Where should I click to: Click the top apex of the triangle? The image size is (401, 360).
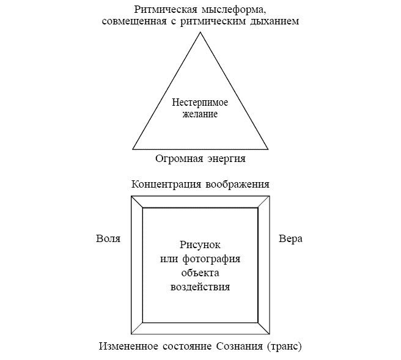[x=200, y=32]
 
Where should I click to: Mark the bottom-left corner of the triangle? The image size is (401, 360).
[x=133, y=149]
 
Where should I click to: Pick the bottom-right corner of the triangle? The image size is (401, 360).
[x=268, y=149]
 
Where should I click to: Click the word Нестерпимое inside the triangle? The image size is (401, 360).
[x=200, y=102]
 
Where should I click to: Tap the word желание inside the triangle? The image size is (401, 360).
[x=200, y=114]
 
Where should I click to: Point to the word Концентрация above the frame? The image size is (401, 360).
[x=166, y=185]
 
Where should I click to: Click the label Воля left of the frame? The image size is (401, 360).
[x=108, y=238]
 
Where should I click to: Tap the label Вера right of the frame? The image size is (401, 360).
[x=290, y=238]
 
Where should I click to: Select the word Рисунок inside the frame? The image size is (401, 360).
[x=200, y=245]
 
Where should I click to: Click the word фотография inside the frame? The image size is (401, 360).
[x=212, y=259]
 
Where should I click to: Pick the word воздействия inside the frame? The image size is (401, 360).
[x=200, y=287]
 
